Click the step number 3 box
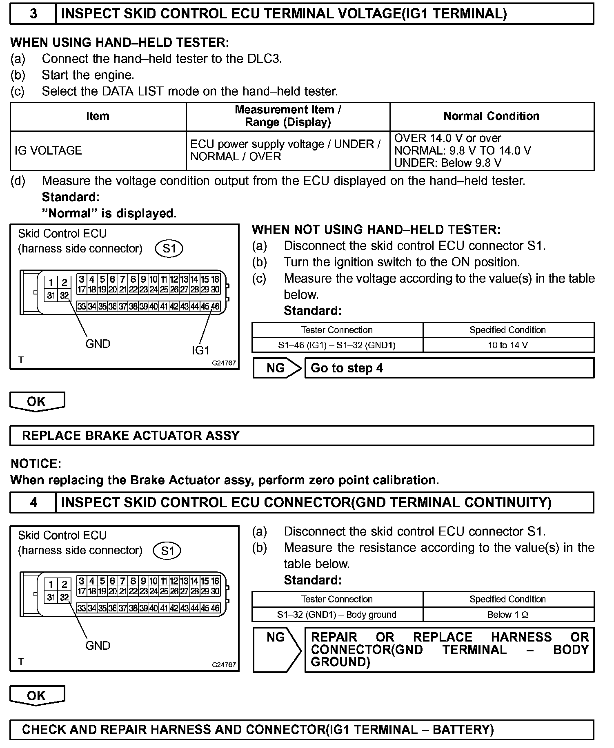pyautogui.click(x=33, y=14)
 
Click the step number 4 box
pyautogui.click(x=33, y=502)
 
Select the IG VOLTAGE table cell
pyautogui.click(x=98, y=150)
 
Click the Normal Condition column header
pyautogui.click(x=492, y=116)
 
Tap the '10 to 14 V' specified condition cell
pyautogui.click(x=508, y=345)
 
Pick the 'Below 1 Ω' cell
pyautogui.click(x=508, y=615)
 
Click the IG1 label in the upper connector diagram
pyautogui.click(x=200, y=350)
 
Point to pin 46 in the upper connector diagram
pyautogui.click(x=215, y=306)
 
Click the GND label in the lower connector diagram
pyautogui.click(x=98, y=646)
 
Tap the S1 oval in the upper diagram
pyautogui.click(x=169, y=248)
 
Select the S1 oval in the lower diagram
pyautogui.click(x=167, y=551)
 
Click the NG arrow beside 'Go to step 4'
pyautogui.click(x=277, y=368)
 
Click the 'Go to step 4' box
pyautogui.click(x=449, y=368)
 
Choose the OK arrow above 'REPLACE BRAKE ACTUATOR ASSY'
pyautogui.click(x=37, y=401)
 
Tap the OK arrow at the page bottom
pyautogui.click(x=37, y=696)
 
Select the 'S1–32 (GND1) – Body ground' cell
pyautogui.click(x=337, y=615)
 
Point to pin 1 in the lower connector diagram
pyautogui.click(x=51, y=584)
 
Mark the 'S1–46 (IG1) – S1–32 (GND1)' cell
pyautogui.click(x=337, y=345)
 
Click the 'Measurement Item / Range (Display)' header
pyautogui.click(x=288, y=116)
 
